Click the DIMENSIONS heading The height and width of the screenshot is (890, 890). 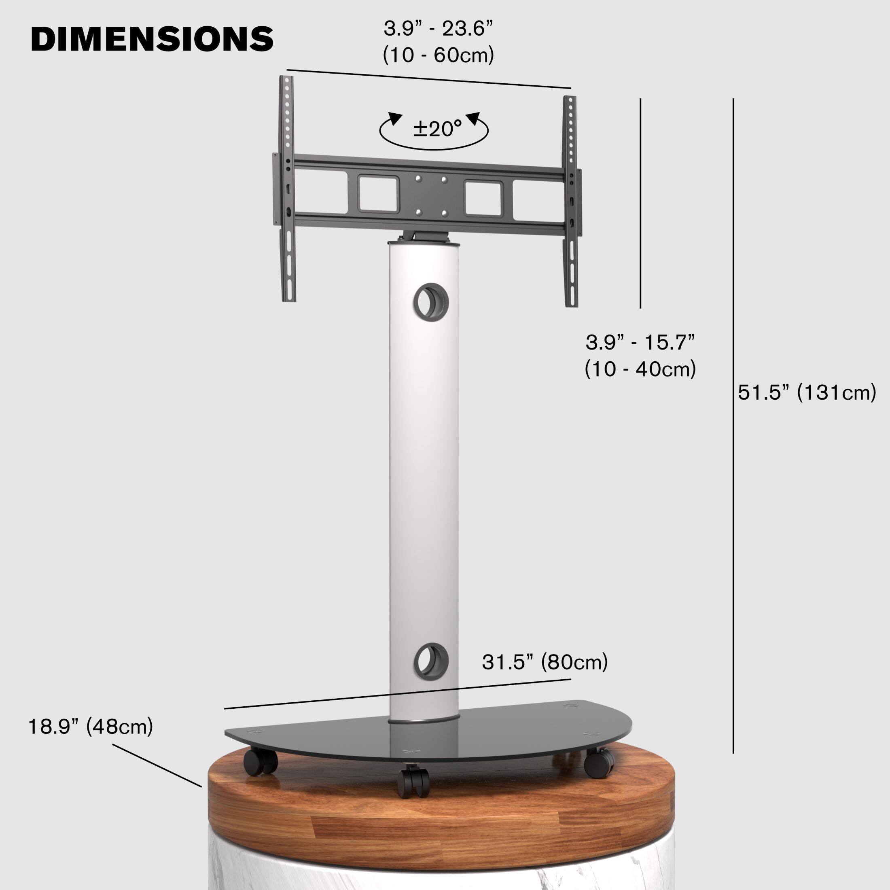coord(152,39)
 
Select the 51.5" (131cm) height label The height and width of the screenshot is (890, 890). coord(807,393)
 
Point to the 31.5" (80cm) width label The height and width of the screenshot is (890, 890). coord(545,662)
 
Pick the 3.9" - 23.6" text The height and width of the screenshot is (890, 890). coord(438,29)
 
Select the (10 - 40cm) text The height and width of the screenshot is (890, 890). coord(640,369)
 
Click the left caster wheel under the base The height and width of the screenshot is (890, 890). coord(261,761)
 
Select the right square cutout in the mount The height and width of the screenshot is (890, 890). coord(483,199)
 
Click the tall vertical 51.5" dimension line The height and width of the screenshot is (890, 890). coord(733,415)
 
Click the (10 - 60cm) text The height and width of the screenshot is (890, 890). coord(438,55)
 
